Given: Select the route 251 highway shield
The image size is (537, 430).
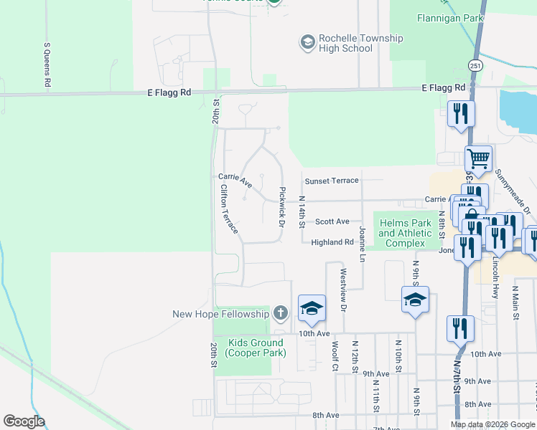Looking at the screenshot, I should pos(475,65).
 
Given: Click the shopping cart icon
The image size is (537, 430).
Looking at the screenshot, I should pos(477,158).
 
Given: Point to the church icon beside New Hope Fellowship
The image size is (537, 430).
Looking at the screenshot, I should pos(280,313).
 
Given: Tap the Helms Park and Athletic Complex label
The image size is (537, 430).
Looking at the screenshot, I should pos(405,234).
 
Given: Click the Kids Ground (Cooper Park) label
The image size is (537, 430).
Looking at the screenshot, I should pos(256,348).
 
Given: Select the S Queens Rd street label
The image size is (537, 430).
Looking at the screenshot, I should pos(47,65).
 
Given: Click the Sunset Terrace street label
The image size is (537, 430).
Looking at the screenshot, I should pos(331,181).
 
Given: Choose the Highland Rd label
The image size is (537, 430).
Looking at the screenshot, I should pos(332,242).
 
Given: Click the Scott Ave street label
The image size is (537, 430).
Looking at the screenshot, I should pos(332,221).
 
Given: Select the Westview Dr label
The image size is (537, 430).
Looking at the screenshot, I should pos(343,290).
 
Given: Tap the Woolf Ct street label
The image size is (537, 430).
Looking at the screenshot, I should pos(335,355).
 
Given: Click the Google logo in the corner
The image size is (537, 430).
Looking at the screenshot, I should pos(24,421).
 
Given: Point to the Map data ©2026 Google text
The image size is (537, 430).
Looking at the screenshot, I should pos(492,424).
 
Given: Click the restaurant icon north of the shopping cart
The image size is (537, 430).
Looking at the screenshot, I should pos(460,114).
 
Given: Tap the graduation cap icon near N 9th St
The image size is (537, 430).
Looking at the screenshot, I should pos(415,300).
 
